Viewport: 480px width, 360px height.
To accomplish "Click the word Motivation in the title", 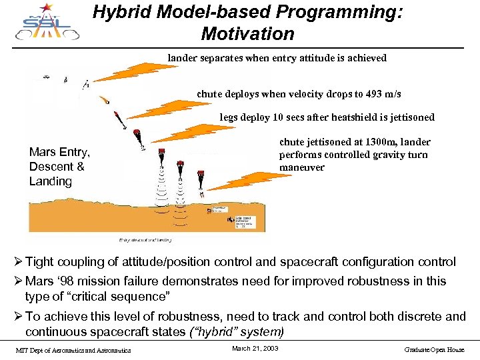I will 247,34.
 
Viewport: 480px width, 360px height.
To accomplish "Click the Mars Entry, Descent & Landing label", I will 59,166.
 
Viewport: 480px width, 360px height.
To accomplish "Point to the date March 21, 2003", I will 255,349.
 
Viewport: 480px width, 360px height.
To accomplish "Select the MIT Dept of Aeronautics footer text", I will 73,350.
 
